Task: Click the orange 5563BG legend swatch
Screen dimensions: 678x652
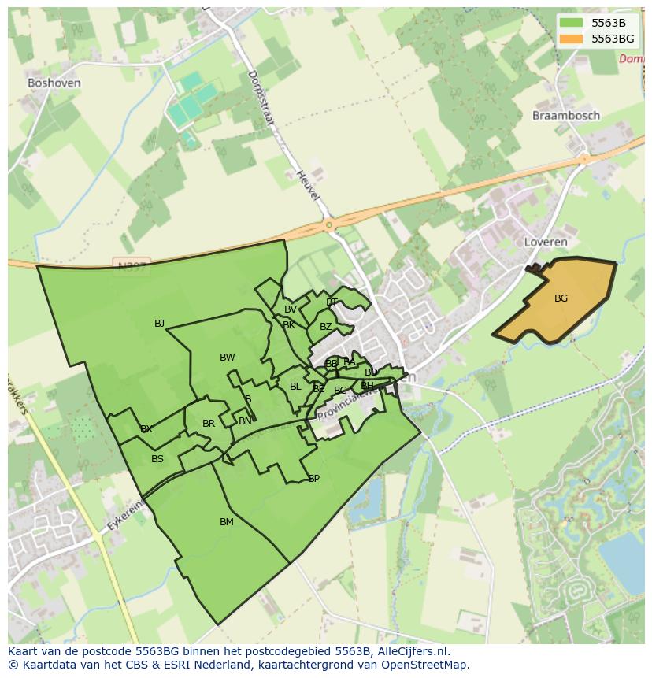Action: tap(574, 39)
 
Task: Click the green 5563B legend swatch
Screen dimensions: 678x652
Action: tap(574, 22)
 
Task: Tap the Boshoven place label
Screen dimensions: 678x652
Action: tap(54, 82)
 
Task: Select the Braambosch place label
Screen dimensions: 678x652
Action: tap(565, 115)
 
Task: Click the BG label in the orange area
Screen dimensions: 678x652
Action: tap(561, 298)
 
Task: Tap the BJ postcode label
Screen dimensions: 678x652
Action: tap(159, 323)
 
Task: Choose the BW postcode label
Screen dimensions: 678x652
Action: tap(227, 358)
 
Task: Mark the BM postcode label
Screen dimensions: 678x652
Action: tap(227, 522)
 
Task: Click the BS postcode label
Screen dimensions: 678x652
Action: tap(157, 459)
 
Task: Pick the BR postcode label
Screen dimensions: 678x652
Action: tap(209, 424)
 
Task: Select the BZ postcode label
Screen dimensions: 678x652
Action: tap(325, 327)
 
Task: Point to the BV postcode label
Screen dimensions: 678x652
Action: tap(291, 309)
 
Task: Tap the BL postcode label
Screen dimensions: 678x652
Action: tap(295, 387)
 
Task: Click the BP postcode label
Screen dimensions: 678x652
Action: tap(313, 478)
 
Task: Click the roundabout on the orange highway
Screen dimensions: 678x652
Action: tap(328, 226)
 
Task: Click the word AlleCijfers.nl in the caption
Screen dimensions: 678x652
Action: tap(410, 651)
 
